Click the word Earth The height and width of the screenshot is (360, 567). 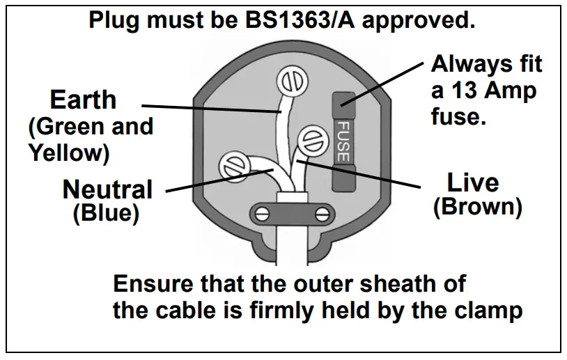(83, 100)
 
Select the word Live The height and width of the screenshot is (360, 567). (473, 183)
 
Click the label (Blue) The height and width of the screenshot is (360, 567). (106, 213)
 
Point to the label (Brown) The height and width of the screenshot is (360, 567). (477, 208)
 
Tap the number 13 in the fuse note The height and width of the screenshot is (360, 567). (464, 90)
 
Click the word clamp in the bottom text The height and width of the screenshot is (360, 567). (488, 310)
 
